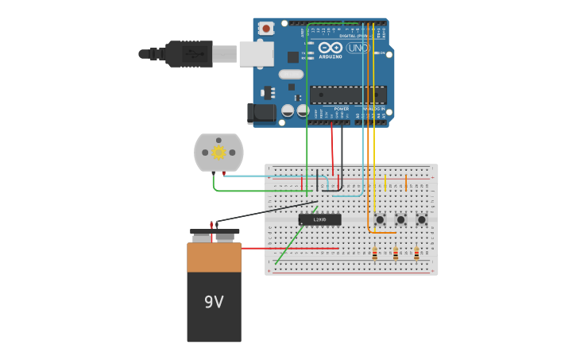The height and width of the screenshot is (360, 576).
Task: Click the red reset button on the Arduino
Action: click(266, 29)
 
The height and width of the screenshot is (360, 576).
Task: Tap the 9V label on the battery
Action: click(214, 302)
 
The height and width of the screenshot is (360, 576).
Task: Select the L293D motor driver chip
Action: click(319, 219)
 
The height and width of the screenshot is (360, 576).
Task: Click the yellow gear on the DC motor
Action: click(218, 153)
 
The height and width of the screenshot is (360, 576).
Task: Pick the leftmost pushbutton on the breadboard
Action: click(380, 219)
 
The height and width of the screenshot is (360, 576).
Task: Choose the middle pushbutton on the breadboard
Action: click(400, 219)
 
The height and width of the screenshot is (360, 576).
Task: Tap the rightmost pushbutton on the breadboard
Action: click(421, 219)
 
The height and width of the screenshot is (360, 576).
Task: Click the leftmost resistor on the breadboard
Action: click(375, 254)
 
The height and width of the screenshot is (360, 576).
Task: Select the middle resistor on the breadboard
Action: click(396, 254)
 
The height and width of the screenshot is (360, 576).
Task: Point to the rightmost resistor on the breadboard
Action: click(416, 254)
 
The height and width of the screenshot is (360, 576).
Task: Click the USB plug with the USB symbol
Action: click(189, 54)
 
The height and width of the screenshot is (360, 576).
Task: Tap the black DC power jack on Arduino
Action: click(261, 114)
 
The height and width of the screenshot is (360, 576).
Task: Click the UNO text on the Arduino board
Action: click(358, 48)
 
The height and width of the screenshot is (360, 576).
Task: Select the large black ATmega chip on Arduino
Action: click(348, 95)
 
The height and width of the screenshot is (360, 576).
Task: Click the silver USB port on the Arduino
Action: click(257, 54)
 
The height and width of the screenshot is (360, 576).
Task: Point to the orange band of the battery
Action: click(214, 257)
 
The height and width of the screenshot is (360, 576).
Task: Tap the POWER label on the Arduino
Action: click(341, 109)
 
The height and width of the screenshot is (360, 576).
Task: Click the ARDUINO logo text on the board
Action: click(331, 56)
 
